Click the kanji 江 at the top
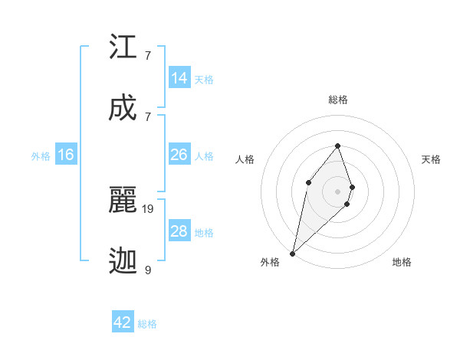[x=123, y=47]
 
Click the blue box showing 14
[x=179, y=78]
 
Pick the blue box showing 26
[x=179, y=155]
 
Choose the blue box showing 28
[x=179, y=231]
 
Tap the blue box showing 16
[x=66, y=155]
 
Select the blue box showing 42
[x=123, y=322]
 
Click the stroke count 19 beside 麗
[x=149, y=208]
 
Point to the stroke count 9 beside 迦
[x=148, y=270]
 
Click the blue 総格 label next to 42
[x=148, y=324]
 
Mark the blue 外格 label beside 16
[x=41, y=156]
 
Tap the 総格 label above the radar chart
[x=338, y=100]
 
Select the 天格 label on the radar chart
[x=431, y=159]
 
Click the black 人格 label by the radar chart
[x=245, y=159]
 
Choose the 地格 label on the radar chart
[x=402, y=262]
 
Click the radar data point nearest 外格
[x=292, y=253]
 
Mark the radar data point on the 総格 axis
[x=338, y=146]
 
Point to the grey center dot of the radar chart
[x=338, y=191]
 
